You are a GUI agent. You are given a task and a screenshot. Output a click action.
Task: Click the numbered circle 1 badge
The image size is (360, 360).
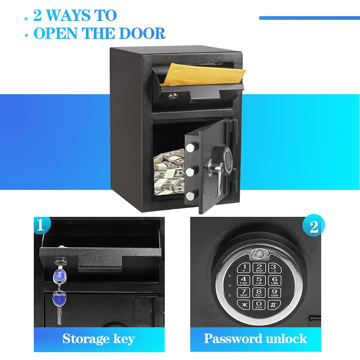[41, 225]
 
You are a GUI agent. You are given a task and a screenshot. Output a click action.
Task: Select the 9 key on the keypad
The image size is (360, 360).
[274, 292]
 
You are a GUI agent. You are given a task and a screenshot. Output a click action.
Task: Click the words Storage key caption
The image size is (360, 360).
[99, 338]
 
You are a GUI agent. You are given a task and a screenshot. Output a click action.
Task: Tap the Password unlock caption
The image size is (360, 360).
[255, 338]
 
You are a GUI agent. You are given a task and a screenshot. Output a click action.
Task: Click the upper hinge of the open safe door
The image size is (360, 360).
[231, 126]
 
